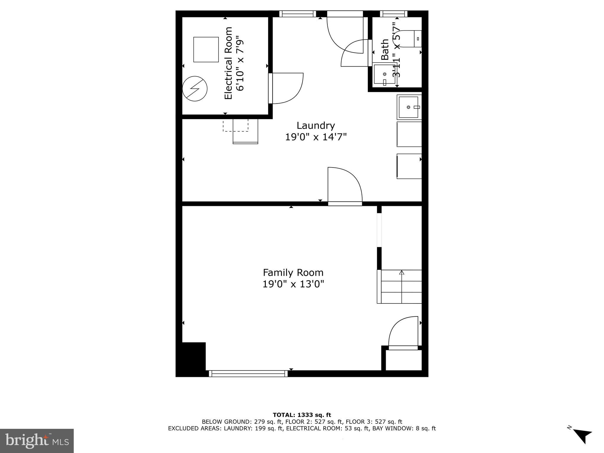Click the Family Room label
(293, 272)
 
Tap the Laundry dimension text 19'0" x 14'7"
(316, 137)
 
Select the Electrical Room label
(229, 63)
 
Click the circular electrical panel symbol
(195, 88)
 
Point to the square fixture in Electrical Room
(206, 50)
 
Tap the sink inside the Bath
(384, 74)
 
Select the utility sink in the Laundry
(409, 107)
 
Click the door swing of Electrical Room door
(288, 88)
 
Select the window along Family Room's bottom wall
(248, 374)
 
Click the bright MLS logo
(37, 441)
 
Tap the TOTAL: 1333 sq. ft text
(302, 415)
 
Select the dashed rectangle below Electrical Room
(235, 125)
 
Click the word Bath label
(385, 50)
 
